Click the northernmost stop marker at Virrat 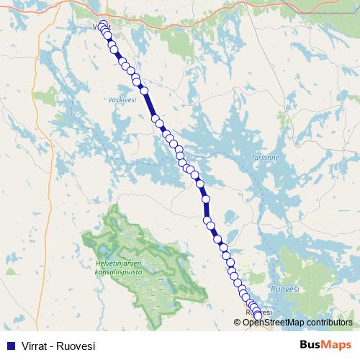pyautogui.click(x=103, y=24)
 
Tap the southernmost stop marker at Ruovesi pyautogui.click(x=258, y=315)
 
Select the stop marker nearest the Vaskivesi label pyautogui.click(x=144, y=91)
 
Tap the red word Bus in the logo pyautogui.click(x=312, y=345)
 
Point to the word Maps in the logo pyautogui.click(x=337, y=345)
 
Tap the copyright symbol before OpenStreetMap pyautogui.click(x=238, y=322)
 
